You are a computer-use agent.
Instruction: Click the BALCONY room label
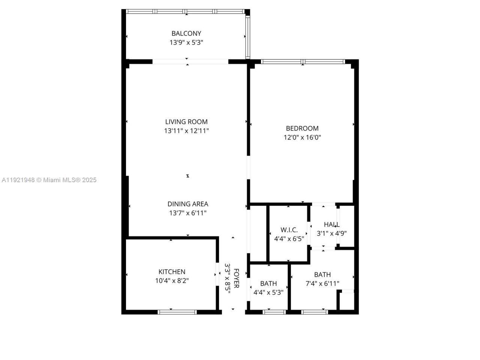pos(186,33)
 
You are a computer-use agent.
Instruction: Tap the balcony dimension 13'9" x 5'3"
pos(186,43)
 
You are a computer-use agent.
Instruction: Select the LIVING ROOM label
pos(186,122)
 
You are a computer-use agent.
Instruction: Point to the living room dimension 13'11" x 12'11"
pos(186,131)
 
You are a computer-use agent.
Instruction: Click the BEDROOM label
pos(302,128)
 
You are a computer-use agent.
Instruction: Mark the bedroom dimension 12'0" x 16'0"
pos(302,137)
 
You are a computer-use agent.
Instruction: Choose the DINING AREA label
pos(188,204)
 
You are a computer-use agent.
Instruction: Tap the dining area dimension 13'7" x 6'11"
pos(188,213)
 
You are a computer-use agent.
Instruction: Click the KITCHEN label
pos(172,272)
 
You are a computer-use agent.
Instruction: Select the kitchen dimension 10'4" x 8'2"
pos(172,280)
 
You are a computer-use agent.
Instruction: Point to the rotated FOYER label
pos(236,278)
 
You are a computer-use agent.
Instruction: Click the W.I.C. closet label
pos(289,230)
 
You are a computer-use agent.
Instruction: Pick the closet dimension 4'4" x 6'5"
pos(289,238)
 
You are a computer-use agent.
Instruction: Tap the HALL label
pos(332,224)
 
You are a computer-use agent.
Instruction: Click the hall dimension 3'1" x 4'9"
pos(332,233)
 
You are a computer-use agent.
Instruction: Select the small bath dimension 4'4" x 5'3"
pos(268,292)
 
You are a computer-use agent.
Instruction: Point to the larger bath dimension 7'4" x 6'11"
pos(322,283)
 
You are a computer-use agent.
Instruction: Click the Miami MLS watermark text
pos(49,180)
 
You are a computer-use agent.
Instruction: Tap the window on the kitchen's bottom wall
pos(177,312)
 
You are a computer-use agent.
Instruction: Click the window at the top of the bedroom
pos(303,61)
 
